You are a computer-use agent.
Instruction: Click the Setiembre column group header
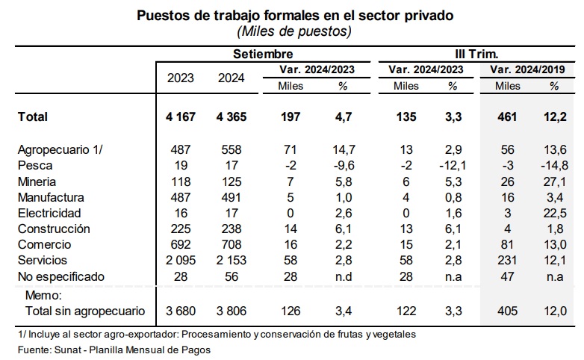coord(263,54)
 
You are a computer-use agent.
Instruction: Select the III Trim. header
coord(476,54)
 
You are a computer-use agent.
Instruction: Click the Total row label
coord(33,117)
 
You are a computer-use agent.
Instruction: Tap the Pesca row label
coord(35,166)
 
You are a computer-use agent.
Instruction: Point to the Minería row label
coord(37,181)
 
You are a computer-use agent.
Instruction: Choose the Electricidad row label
coord(49,213)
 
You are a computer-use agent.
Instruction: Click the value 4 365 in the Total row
coord(232,117)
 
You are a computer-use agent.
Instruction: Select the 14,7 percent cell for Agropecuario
coord(344,150)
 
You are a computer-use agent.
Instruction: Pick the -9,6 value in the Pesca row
coord(344,166)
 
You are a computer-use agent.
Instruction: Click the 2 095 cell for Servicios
coord(181,260)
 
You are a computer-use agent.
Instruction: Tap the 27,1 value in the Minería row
coord(555,181)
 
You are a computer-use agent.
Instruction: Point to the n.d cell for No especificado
coord(344,276)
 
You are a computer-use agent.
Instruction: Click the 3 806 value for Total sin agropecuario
coord(232,311)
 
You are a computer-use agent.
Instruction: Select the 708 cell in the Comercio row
coord(232,244)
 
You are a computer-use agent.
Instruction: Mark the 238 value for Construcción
coord(232,229)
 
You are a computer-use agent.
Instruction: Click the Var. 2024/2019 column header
coord(527,69)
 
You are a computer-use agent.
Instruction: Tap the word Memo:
coord(43,295)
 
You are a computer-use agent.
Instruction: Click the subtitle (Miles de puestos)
coord(294,31)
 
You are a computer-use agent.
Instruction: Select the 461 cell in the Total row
coord(507,117)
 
